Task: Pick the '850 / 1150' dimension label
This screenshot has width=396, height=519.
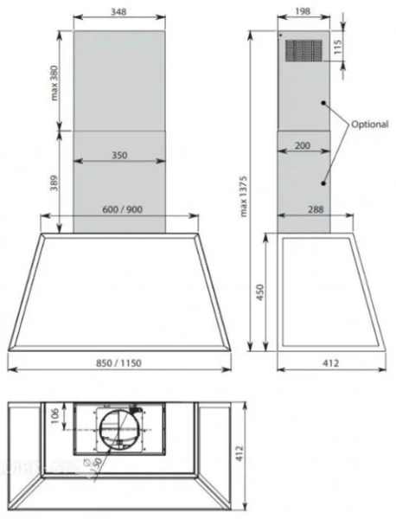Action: coord(118,365)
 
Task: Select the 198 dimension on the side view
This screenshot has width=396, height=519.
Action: coord(302,12)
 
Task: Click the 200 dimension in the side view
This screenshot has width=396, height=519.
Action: coord(302,145)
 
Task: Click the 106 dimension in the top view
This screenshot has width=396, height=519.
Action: coord(53,416)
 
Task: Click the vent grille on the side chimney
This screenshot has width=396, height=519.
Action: coord(302,51)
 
